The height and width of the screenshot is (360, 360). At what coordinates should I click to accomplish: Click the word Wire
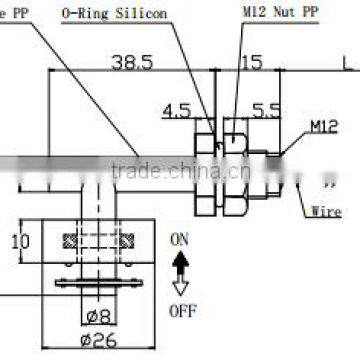pos(326,212)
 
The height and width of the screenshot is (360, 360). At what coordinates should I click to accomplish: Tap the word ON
pos(179,239)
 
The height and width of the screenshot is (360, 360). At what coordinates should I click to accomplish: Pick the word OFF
pos(182,310)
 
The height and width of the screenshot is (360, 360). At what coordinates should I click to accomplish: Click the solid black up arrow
pos(180,262)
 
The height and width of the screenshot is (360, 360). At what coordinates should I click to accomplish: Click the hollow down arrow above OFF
pos(180,285)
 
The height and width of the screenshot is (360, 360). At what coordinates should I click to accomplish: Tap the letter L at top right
pos(346,61)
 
